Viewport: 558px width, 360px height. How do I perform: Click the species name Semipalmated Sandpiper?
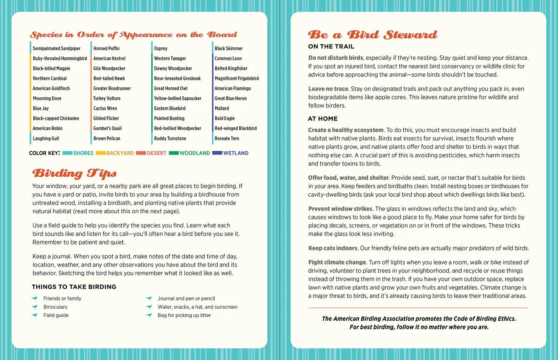point(56,48)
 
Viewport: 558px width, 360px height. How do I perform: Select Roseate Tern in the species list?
point(227,138)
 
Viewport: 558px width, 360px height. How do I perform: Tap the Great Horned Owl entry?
point(171,88)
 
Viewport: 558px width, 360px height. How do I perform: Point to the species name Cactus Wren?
point(105,108)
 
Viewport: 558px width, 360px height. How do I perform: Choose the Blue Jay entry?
point(41,108)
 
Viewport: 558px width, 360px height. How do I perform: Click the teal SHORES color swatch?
point(67,153)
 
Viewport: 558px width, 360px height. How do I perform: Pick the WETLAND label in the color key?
point(236,153)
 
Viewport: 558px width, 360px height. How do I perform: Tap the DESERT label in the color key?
point(156,153)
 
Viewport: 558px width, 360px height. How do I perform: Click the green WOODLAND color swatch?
point(173,153)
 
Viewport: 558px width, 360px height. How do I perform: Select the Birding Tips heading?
point(74,173)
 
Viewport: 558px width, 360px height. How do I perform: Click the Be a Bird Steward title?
point(372,35)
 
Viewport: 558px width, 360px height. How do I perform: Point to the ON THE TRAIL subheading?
point(331,47)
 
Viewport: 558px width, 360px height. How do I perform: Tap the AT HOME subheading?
point(323,119)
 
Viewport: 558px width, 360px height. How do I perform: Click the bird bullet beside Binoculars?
point(35,307)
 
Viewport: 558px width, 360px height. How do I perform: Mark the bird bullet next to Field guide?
point(35,315)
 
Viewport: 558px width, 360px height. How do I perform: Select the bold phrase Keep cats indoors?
point(333,248)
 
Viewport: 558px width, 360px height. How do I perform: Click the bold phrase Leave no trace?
point(328,89)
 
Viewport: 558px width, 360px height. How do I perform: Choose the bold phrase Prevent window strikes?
point(340,209)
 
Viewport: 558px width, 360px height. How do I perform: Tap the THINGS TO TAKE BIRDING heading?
point(74,287)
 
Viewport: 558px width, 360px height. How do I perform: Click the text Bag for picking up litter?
point(184,315)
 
